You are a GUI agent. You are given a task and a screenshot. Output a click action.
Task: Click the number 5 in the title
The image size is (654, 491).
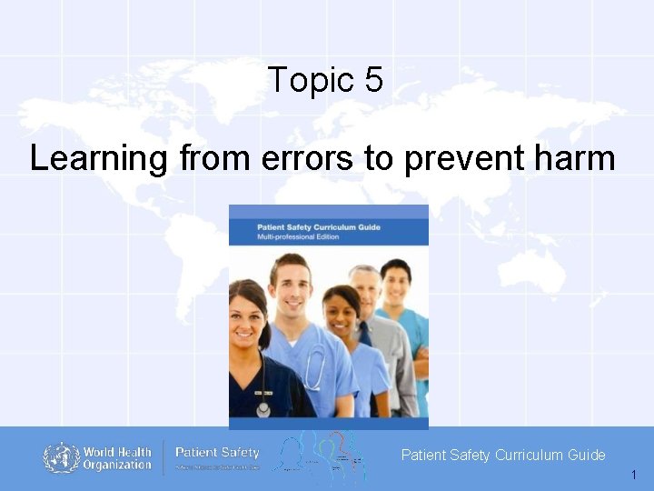coord(373,81)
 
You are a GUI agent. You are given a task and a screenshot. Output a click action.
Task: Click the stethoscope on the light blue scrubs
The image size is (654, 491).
coord(315,368)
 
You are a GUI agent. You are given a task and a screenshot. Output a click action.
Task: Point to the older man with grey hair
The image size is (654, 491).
coord(364,290)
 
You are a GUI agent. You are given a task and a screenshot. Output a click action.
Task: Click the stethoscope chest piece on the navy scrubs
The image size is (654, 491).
coord(263,408)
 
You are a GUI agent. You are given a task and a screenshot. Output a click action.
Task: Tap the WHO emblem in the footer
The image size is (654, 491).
coord(61,457)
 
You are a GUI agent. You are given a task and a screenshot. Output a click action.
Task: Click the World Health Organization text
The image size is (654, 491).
coord(117,458)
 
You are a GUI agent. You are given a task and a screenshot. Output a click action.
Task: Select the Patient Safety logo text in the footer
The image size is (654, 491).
coord(217,453)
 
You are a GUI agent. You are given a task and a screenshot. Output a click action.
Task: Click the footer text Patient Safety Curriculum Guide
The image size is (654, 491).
coord(503,455)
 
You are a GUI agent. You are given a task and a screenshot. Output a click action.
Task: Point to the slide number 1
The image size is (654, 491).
coord(633,476)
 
